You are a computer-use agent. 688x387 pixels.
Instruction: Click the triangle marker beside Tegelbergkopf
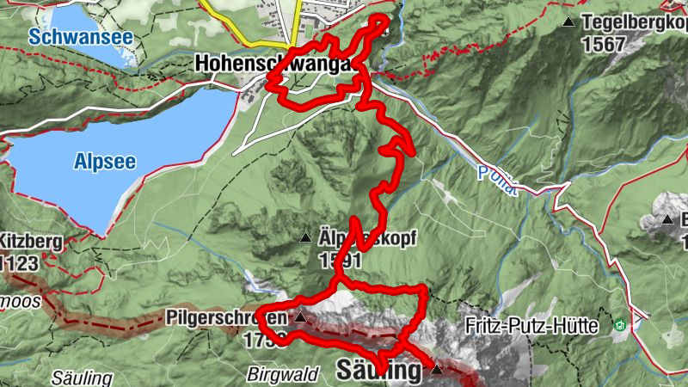(568, 22)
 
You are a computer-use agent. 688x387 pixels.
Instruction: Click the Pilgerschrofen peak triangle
(300, 318)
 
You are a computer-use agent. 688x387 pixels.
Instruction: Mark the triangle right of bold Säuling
(436, 371)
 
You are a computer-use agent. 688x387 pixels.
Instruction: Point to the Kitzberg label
(33, 243)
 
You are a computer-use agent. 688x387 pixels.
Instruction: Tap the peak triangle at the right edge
(667, 221)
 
